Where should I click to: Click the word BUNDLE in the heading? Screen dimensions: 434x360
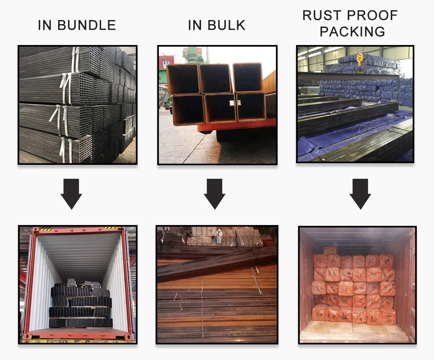tap(87, 25)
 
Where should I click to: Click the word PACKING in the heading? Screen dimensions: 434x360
tap(353, 32)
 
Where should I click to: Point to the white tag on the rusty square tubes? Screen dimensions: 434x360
tap(233, 103)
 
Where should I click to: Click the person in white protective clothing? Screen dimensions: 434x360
tap(219, 236)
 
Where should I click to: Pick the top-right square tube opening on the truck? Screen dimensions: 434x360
tap(247, 77)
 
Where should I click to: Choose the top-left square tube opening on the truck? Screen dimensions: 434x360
tap(183, 79)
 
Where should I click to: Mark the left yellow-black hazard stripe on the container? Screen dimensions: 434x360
tap(46, 229)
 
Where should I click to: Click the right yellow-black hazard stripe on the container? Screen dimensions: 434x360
tap(111, 228)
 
